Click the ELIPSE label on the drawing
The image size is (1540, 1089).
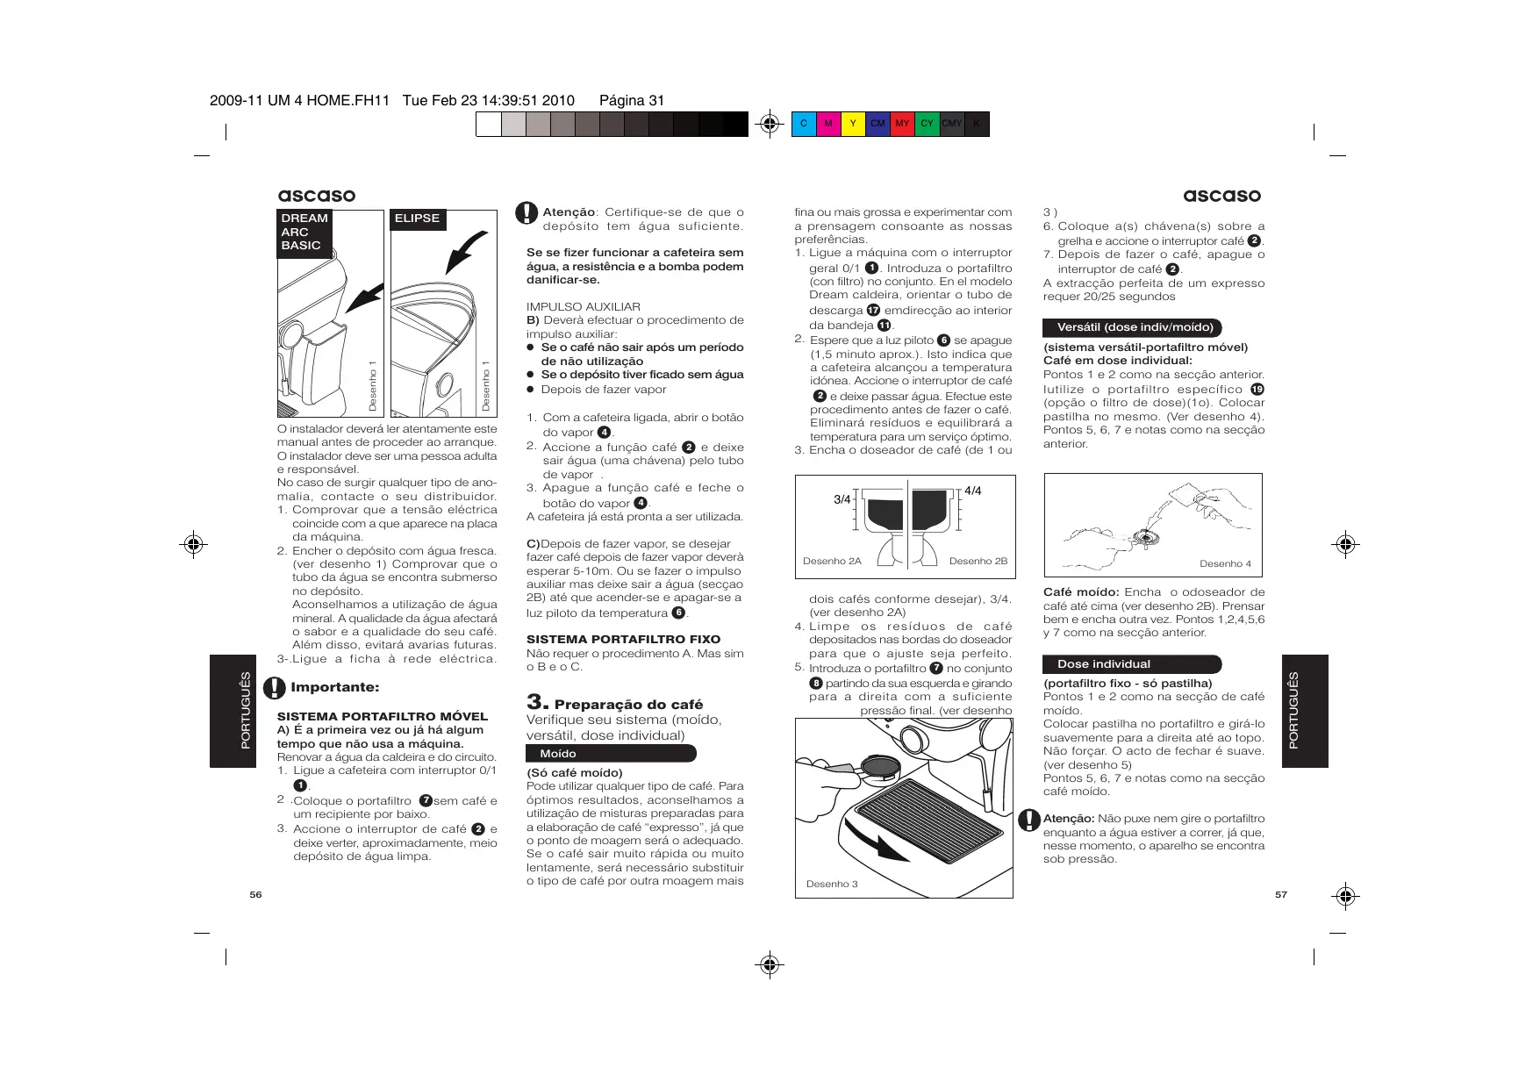tap(418, 219)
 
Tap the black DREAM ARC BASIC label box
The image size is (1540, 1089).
tap(304, 233)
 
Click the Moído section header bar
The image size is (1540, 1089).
tap(611, 754)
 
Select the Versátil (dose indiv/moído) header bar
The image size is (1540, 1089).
tap(1132, 327)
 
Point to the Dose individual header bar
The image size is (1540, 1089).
tap(1131, 664)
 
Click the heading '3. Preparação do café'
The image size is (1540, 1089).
tap(614, 704)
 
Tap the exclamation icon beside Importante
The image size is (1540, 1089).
tap(276, 687)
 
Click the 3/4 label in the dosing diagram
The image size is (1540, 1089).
tap(842, 499)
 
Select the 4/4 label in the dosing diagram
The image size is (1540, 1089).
tap(972, 491)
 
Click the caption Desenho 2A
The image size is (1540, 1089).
tap(832, 561)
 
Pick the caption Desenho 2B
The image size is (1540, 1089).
tap(978, 561)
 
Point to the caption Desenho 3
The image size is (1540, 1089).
tap(832, 884)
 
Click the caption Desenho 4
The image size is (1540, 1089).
tap(1225, 563)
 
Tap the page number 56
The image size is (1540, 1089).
tap(255, 894)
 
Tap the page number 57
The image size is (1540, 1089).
tap(1281, 894)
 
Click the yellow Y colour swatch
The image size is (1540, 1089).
tap(853, 124)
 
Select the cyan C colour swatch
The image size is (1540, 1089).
tap(804, 124)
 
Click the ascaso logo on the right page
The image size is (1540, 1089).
tap(1221, 196)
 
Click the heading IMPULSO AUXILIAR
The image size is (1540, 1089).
tap(584, 306)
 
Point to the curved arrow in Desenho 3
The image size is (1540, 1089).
tap(877, 842)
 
